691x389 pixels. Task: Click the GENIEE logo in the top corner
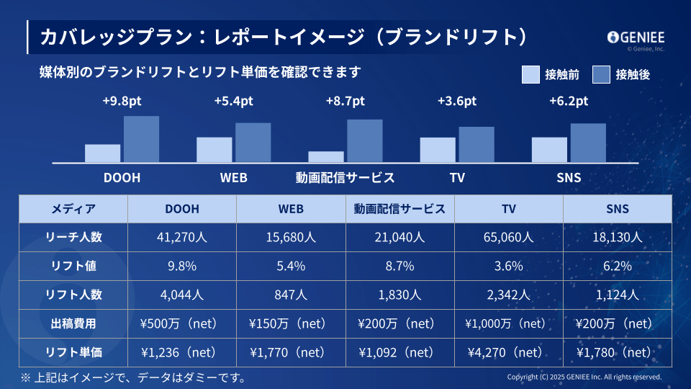coord(636,37)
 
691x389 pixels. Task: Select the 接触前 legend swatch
coord(530,74)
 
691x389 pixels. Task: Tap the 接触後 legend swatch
coord(601,74)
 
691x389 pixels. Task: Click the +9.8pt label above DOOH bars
coord(122,101)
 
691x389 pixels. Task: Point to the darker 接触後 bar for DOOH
coord(141,139)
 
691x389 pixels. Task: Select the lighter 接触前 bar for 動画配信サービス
coord(326,156)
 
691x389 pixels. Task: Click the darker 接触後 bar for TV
coord(477,144)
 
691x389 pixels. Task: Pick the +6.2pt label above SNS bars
coord(569,101)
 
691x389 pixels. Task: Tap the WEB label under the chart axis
coord(233,178)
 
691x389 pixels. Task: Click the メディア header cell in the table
coord(73,209)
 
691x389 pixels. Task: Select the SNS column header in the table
coord(618,209)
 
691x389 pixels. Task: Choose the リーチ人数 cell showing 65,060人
coord(508,237)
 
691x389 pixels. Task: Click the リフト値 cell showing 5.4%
coord(291,266)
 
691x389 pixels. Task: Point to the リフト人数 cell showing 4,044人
coord(182,295)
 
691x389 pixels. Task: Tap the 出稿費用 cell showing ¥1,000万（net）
coord(508,323)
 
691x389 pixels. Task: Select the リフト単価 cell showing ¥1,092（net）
coord(399,352)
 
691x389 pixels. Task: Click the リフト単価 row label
coord(73,352)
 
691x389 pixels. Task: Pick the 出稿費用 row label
coord(73,323)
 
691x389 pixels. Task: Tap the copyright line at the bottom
coord(584,377)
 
